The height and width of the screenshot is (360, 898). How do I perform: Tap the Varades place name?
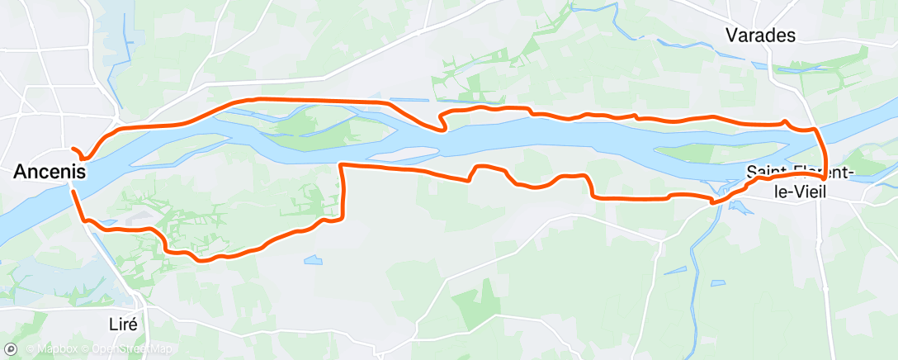[759, 35]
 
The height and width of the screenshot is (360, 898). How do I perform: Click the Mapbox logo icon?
[11, 350]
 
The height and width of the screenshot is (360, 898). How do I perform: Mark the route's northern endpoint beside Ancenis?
[74, 149]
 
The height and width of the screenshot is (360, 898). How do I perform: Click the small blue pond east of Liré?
[313, 260]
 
